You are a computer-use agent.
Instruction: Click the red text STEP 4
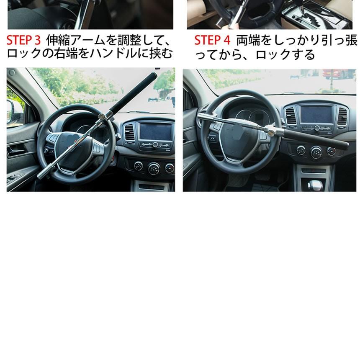(x=212, y=41)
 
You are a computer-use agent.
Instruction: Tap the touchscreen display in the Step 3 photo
(x=155, y=131)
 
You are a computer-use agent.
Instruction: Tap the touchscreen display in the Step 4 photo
(x=316, y=114)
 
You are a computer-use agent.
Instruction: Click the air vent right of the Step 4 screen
(x=342, y=116)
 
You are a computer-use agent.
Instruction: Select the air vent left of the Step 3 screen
(x=130, y=131)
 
